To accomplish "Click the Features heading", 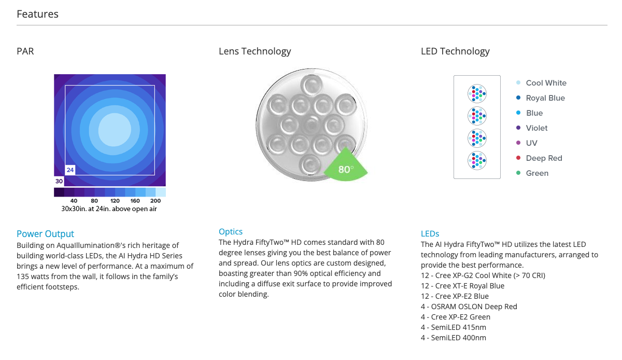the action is coord(37,14).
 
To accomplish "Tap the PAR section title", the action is coord(25,51).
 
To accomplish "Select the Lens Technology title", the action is coord(255,51).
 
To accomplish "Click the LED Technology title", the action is coord(455,51).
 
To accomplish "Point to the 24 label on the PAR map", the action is coord(70,170).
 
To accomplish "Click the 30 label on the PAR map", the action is coord(59,181).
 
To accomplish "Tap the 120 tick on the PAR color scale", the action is coord(115,201).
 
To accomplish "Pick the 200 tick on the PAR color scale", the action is coord(155,201).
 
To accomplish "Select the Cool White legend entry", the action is coord(546,83).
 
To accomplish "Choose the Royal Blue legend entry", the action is coord(545,98).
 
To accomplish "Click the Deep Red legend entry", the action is coord(544,158).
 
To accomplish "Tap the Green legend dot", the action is coord(518,173).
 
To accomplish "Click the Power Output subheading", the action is coord(45,234).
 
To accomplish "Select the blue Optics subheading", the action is coord(231,232).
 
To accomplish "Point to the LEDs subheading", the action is coord(430,234).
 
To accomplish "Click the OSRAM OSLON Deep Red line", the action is coord(469,307).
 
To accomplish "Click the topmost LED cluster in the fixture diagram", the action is coord(477,94).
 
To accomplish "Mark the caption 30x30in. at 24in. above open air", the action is coord(109,209).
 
